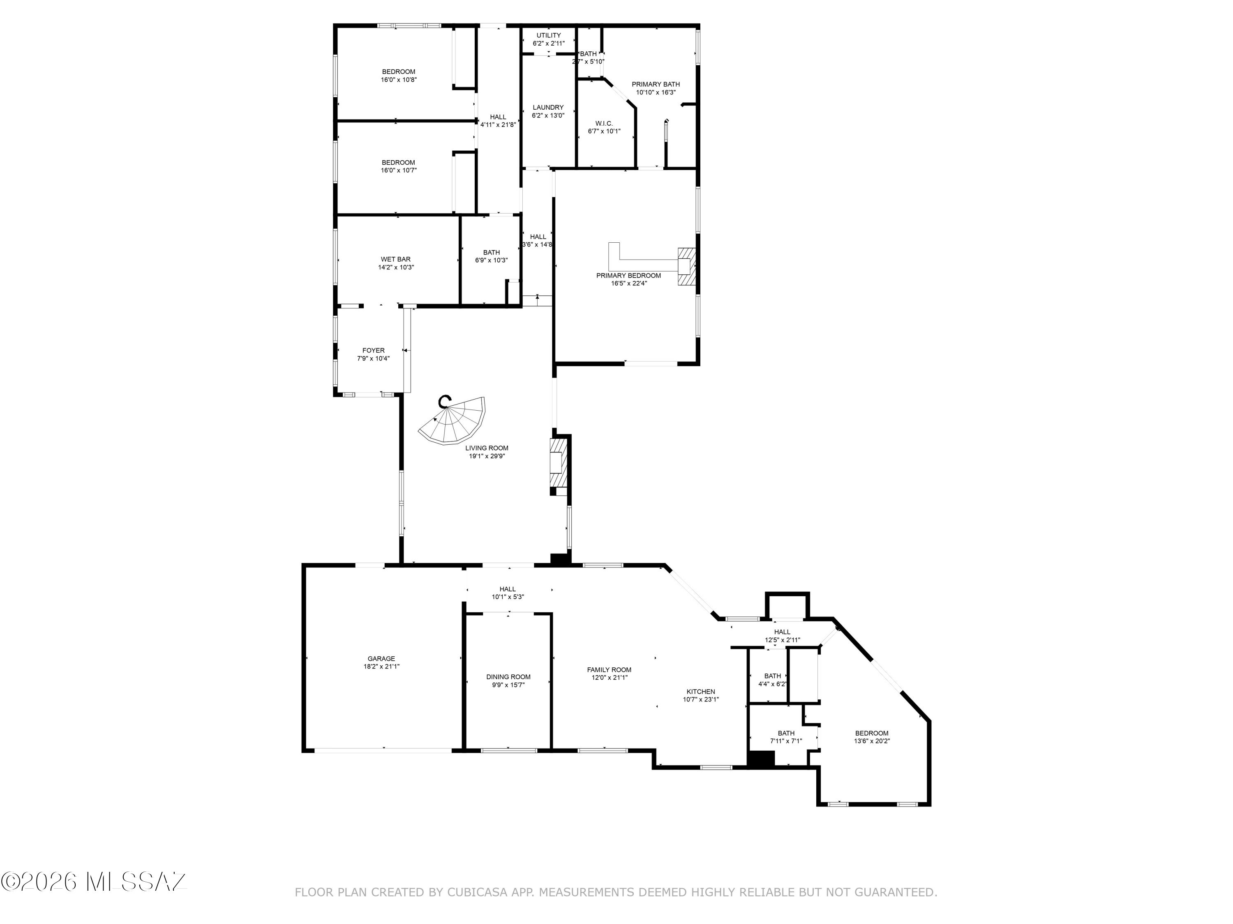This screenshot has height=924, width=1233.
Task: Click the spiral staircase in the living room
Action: coord(453,421)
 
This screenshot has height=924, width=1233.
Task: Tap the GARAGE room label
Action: coord(381,658)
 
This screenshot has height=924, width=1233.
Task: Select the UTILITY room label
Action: coord(549,35)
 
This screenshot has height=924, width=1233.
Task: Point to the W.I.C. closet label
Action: coord(604,123)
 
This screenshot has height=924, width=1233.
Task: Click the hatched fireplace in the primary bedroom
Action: coord(687,267)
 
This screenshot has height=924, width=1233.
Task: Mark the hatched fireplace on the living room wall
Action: coord(559,463)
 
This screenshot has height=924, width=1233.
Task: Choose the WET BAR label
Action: coord(396,259)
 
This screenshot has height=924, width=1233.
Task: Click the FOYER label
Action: coord(374,350)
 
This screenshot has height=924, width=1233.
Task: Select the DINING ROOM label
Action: coord(508,677)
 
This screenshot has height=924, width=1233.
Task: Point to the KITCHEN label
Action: coord(701,691)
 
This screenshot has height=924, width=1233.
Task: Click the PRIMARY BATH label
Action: coord(656,84)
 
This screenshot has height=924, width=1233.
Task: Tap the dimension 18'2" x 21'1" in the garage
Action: coord(381,666)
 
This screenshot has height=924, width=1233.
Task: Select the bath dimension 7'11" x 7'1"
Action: coord(786,741)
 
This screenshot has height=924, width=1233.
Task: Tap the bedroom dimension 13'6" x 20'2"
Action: coord(872,741)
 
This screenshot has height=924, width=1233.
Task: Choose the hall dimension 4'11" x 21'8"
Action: coord(498,125)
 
